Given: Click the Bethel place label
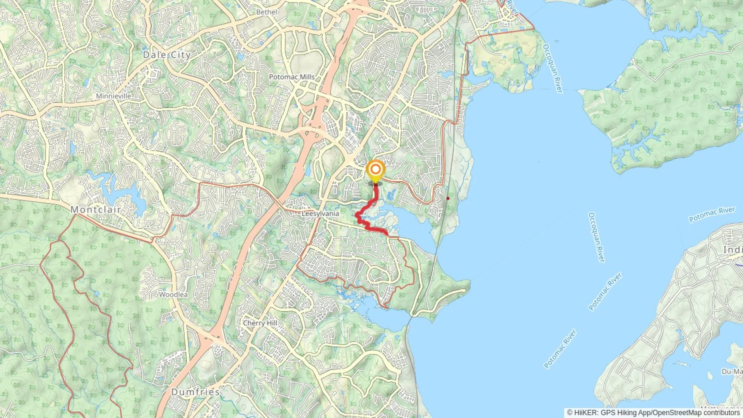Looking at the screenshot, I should click(x=267, y=12).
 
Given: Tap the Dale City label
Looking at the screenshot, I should click(x=167, y=55).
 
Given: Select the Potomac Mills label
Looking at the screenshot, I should click(x=292, y=77).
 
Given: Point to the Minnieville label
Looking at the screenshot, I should click(x=113, y=96).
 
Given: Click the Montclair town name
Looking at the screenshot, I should click(x=95, y=209).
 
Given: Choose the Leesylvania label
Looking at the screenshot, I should click(x=320, y=214).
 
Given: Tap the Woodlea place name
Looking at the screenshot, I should click(x=173, y=295).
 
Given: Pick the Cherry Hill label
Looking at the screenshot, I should click(x=260, y=323).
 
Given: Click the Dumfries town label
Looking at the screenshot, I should click(x=195, y=392).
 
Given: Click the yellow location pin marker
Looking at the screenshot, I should click(x=375, y=171).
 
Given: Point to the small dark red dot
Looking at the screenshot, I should click(x=448, y=198).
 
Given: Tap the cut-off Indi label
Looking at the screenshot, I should click(x=733, y=250).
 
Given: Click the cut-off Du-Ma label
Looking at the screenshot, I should click(x=732, y=372).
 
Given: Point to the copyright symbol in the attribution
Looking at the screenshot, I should click(x=570, y=413).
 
